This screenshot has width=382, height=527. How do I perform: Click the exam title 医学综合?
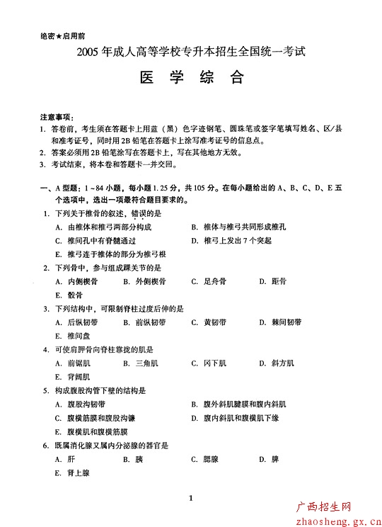click(191, 77)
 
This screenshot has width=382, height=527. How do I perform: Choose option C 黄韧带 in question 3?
click(209, 322)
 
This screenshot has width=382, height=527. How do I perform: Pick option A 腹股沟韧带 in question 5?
click(81, 404)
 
